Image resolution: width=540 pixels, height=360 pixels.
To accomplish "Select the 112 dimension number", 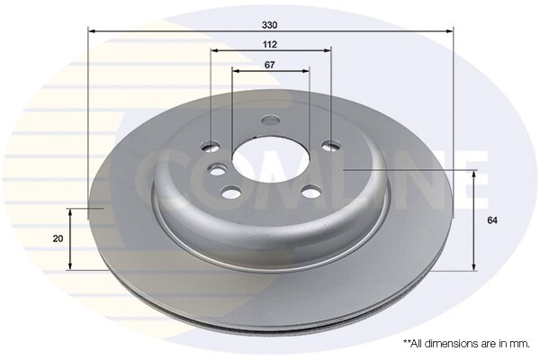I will pyautogui.click(x=270, y=44).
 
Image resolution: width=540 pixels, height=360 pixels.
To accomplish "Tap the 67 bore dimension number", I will pyautogui.click(x=270, y=64).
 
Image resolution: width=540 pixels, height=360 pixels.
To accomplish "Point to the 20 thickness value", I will pyautogui.click(x=58, y=238).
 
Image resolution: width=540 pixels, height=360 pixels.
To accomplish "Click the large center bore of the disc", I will pyautogui.click(x=269, y=159).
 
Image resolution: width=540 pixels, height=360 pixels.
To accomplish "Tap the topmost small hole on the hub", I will pyautogui.click(x=269, y=121).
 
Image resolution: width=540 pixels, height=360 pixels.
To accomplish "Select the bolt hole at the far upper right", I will pyautogui.click(x=331, y=145).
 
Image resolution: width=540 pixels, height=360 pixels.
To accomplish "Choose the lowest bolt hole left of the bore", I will pyautogui.click(x=231, y=191).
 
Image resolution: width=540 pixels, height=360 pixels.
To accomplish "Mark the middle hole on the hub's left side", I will pyautogui.click(x=217, y=168).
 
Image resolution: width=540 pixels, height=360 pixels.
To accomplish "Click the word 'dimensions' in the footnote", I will pyautogui.click(x=458, y=344).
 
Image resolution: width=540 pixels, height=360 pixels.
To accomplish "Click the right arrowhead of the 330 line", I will pyautogui.click(x=449, y=31).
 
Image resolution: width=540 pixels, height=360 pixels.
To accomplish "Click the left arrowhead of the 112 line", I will pyautogui.click(x=214, y=52).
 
